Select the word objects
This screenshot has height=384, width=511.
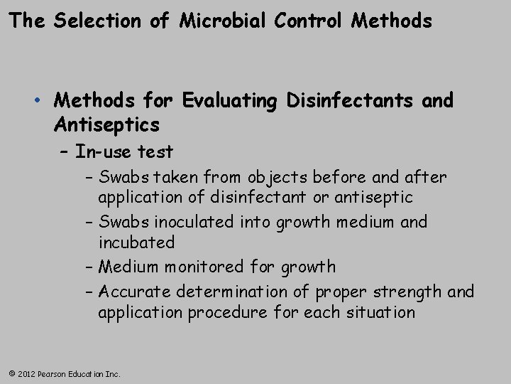point(253,176)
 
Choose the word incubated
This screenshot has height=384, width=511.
point(136,242)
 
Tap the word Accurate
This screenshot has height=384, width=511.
point(135,292)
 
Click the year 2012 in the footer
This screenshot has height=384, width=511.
point(27,373)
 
